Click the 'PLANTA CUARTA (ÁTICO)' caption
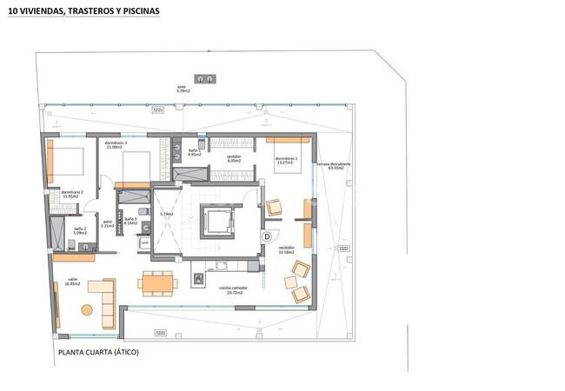tap(98, 353)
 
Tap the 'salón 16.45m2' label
tap(74, 282)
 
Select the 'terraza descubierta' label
tap(334, 166)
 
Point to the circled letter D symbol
tap(267, 235)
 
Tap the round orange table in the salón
tap(86, 309)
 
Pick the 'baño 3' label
tap(130, 222)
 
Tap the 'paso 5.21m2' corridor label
tap(108, 224)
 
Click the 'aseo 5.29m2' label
tap(183, 89)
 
